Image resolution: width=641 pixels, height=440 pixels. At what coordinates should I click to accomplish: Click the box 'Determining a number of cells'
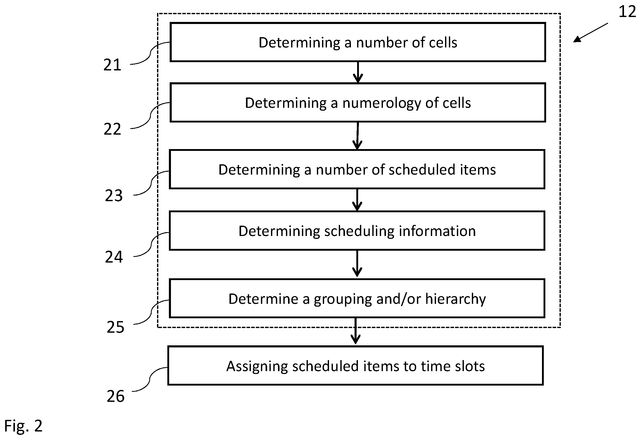tap(358, 42)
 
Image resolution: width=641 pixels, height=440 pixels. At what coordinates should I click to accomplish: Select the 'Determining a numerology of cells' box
tap(358, 102)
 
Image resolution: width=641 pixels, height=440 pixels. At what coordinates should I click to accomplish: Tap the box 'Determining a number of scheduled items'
tap(357, 169)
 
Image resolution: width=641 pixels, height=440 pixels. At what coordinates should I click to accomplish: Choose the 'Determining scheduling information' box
tap(357, 231)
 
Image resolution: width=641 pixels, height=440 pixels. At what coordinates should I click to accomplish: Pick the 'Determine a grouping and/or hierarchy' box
tap(357, 298)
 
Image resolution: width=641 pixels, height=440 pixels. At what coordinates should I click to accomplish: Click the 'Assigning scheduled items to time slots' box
tap(356, 366)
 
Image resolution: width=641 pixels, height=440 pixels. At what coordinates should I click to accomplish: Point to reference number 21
tap(112, 65)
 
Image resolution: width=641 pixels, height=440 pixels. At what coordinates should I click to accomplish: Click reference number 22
tap(112, 129)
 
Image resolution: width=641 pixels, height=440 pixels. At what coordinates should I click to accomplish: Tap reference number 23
tap(114, 196)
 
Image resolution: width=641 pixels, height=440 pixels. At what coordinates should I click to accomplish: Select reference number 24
tap(114, 257)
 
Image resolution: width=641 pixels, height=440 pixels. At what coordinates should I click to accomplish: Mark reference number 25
tap(116, 328)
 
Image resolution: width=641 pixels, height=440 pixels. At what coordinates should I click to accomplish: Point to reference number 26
tap(116, 396)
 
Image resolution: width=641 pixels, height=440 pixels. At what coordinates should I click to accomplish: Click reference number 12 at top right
tap(628, 12)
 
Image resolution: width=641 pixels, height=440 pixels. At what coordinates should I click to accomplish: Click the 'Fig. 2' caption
tap(23, 425)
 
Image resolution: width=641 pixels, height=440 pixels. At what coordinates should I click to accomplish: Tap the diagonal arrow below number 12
tap(590, 32)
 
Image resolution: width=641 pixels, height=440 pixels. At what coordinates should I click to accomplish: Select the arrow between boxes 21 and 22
tap(358, 72)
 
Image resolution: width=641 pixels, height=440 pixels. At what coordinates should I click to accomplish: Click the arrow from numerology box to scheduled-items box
tap(358, 136)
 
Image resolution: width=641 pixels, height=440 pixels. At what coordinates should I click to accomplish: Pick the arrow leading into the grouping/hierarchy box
tap(357, 264)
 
